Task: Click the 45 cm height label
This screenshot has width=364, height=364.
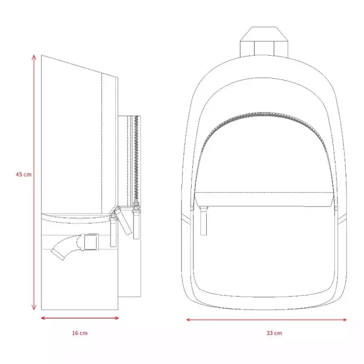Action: (24, 174)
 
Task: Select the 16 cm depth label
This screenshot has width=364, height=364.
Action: (80, 333)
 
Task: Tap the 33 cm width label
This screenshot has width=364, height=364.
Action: (274, 333)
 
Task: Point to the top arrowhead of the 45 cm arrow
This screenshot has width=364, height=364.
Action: (34, 57)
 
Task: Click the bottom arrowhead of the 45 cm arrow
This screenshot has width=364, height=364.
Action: (34, 308)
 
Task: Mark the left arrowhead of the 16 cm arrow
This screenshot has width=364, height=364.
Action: (43, 318)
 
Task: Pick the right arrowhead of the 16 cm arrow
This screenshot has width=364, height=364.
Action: (116, 318)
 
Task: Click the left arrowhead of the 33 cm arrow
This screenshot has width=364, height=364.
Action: (189, 320)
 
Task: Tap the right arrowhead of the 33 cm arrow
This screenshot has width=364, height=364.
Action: (344, 320)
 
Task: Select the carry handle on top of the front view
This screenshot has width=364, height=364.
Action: (264, 41)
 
